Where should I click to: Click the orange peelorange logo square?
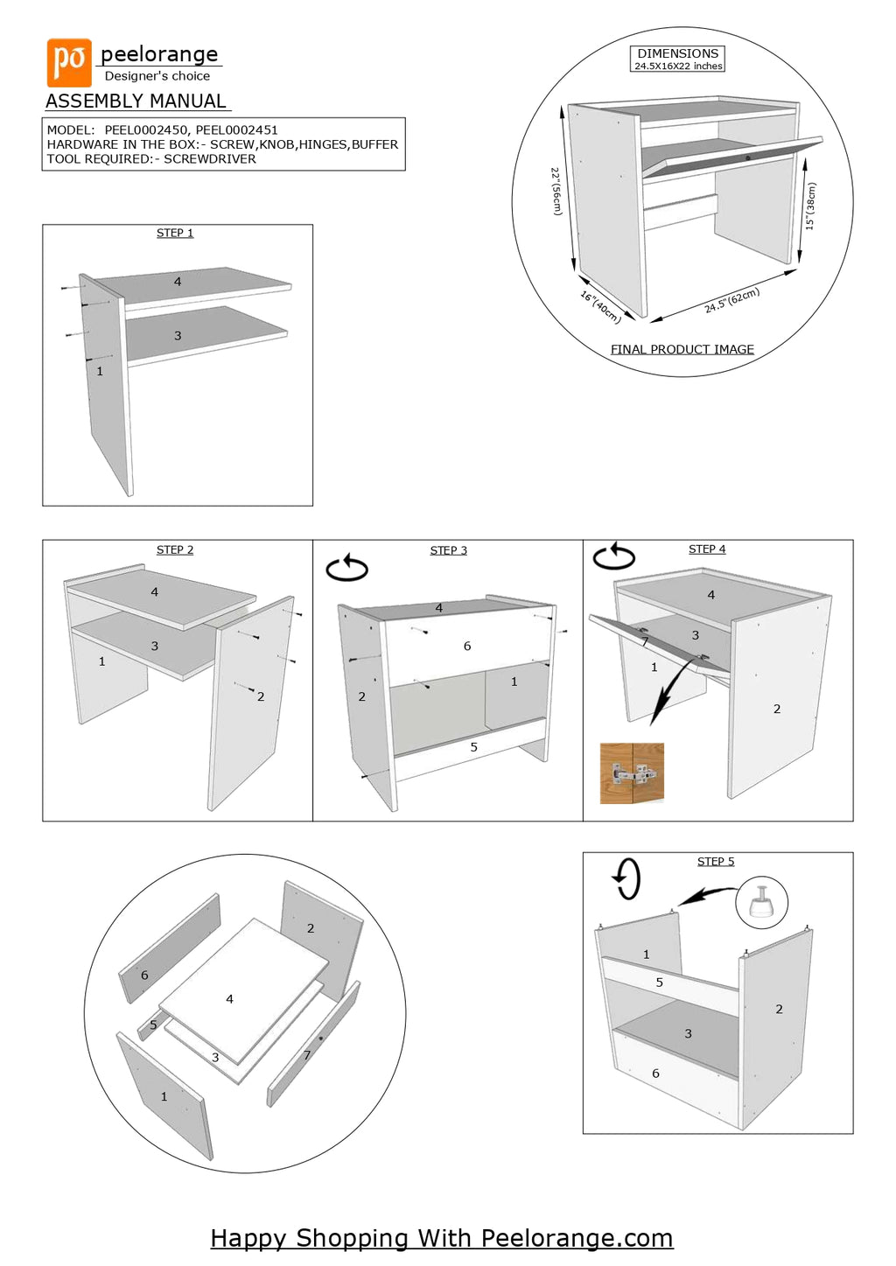(x=69, y=62)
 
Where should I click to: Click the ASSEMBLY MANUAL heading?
(x=136, y=101)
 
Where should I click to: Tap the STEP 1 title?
(x=175, y=233)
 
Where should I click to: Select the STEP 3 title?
(x=448, y=550)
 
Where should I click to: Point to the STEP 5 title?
(x=716, y=862)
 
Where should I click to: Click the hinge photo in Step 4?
(x=632, y=773)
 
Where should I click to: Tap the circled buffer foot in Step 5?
(x=761, y=902)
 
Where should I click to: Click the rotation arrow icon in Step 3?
(x=347, y=568)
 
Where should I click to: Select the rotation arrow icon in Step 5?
(x=627, y=878)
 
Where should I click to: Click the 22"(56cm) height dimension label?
(x=556, y=192)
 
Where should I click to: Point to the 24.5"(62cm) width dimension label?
(x=732, y=300)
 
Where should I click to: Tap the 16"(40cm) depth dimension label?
(x=601, y=307)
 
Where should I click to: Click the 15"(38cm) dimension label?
(x=810, y=206)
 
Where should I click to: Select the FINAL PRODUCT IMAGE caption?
(x=682, y=349)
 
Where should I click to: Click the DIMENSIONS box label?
(x=678, y=53)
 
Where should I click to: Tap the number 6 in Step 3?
(x=467, y=646)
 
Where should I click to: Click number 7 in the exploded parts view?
(x=307, y=1055)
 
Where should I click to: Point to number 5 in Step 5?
(x=660, y=983)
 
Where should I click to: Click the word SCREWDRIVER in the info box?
(x=210, y=159)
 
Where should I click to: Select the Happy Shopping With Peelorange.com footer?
(x=442, y=1238)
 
